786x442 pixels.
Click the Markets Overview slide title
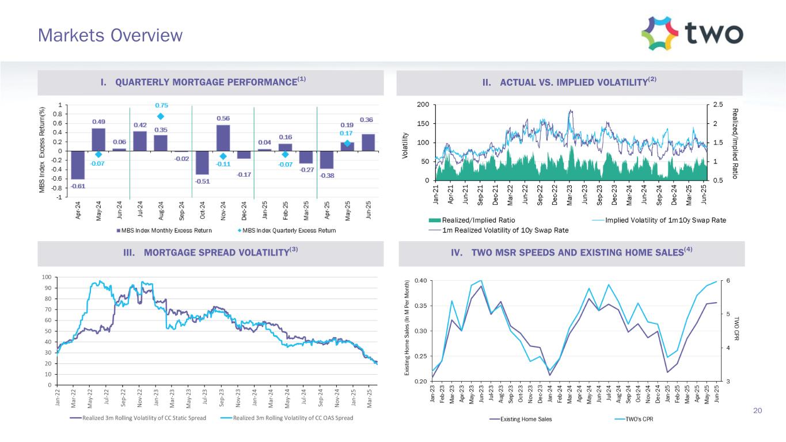pyautogui.click(x=110, y=36)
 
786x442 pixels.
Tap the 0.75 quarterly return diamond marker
pyautogui.click(x=161, y=116)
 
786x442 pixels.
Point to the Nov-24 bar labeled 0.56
pyautogui.click(x=223, y=138)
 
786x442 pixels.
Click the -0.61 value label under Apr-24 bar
pyautogui.click(x=78, y=186)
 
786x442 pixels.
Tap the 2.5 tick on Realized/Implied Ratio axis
pyautogui.click(x=717, y=104)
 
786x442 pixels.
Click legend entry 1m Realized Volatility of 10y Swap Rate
pyautogui.click(x=500, y=230)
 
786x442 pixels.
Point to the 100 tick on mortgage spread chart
pyautogui.click(x=49, y=277)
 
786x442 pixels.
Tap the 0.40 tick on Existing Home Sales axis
pyautogui.click(x=419, y=281)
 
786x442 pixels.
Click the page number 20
pyautogui.click(x=758, y=410)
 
